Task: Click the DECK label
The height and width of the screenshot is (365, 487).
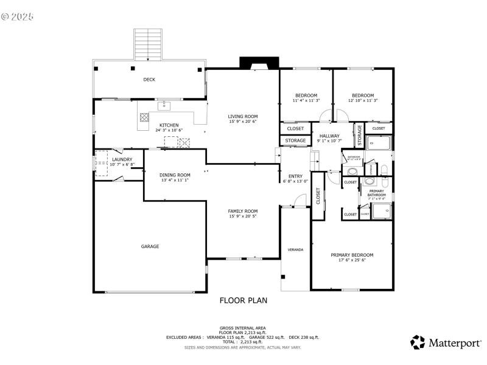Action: (149, 79)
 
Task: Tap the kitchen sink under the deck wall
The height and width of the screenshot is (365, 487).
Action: (164, 106)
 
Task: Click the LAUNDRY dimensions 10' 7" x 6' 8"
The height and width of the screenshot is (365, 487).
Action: (122, 165)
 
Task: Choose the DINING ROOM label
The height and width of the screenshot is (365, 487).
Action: (175, 175)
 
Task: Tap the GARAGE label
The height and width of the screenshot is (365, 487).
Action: (150, 246)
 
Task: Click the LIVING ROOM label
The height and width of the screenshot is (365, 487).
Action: (243, 116)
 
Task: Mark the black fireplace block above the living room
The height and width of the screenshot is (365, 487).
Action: (259, 63)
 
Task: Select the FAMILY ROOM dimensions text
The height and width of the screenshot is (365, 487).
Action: (243, 217)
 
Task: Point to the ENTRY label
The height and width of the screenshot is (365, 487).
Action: (295, 176)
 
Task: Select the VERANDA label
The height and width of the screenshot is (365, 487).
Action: (295, 249)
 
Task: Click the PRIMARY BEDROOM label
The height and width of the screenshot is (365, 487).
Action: (352, 255)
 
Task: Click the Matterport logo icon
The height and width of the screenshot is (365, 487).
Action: (418, 342)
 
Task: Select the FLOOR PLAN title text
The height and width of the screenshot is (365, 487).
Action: (243, 300)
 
